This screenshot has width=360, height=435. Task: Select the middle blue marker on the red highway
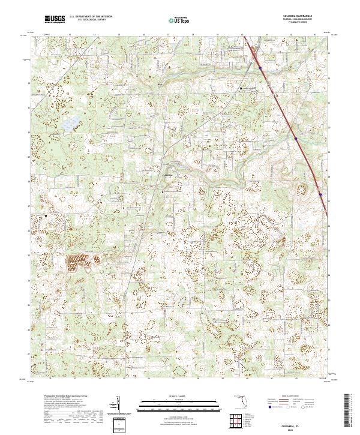[296, 139]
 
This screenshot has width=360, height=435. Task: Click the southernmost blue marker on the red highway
[320, 194]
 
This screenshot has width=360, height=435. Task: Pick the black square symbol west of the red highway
[241, 88]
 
